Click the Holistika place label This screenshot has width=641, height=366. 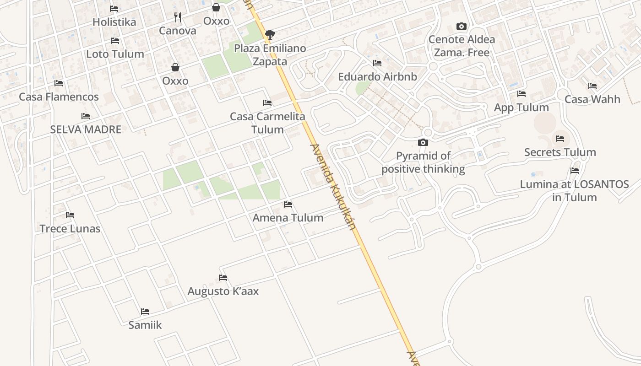pyautogui.click(x=114, y=22)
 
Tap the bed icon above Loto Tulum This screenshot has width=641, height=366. pyautogui.click(x=115, y=41)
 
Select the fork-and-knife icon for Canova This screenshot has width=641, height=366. pyautogui.click(x=178, y=17)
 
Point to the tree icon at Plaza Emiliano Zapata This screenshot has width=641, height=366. pyautogui.click(x=270, y=34)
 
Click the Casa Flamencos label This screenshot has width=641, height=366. pyautogui.click(x=59, y=97)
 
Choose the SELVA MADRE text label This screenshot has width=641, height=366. pyautogui.click(x=86, y=129)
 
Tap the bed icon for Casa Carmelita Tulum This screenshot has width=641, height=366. pyautogui.click(x=267, y=103)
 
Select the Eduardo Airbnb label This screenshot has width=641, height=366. pyautogui.click(x=377, y=76)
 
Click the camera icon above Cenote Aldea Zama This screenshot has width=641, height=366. pyautogui.click(x=462, y=26)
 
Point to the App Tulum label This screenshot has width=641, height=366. pyautogui.click(x=521, y=108)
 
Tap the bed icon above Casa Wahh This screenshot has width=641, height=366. pyautogui.click(x=592, y=86)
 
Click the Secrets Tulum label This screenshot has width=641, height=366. pyautogui.click(x=560, y=152)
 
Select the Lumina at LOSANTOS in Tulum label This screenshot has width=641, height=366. pyautogui.click(x=574, y=191)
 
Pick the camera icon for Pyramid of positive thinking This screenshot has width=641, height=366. pyautogui.click(x=423, y=143)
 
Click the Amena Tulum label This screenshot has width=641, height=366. pyautogui.click(x=288, y=218)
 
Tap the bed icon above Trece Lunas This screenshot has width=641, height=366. pyautogui.click(x=70, y=215)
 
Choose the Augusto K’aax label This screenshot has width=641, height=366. pyautogui.click(x=223, y=291)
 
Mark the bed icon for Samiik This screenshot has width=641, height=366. pyautogui.click(x=145, y=312)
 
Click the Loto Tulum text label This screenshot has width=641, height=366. pyautogui.click(x=115, y=54)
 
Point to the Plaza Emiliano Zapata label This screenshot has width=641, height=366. pyautogui.click(x=270, y=55)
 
